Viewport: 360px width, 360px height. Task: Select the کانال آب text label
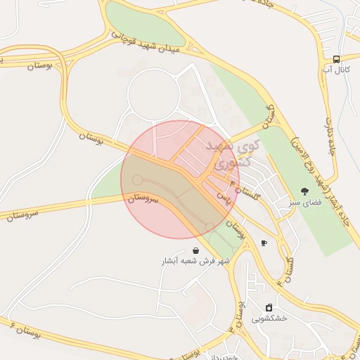pos(336,70)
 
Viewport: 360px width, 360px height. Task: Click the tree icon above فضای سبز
pos(304,191)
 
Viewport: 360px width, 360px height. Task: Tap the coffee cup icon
pos(264,243)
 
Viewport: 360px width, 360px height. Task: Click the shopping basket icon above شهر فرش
pos(195,250)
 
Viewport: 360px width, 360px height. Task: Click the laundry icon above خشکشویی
pos(269,307)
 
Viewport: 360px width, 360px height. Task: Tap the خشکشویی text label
pos(269,319)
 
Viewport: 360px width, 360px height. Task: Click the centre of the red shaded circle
pos(180,179)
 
